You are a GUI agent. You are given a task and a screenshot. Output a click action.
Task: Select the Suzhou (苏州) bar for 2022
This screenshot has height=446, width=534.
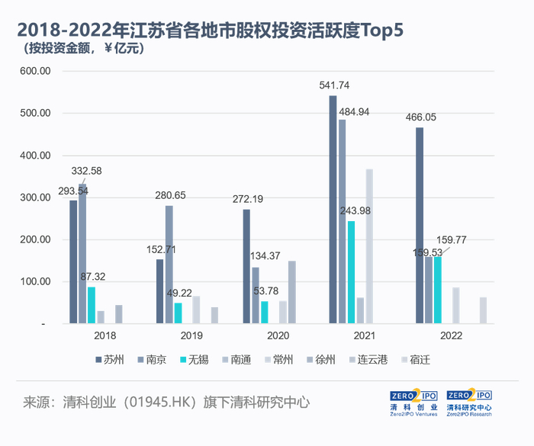[420, 225]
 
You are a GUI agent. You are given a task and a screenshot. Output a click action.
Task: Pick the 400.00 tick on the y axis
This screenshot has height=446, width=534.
[34, 156]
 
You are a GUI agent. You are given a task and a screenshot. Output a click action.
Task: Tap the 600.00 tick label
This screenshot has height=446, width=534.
[34, 71]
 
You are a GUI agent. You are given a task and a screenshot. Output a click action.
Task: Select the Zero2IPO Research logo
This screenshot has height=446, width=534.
[468, 402]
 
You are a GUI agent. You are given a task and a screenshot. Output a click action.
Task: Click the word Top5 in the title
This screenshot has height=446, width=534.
[371, 30]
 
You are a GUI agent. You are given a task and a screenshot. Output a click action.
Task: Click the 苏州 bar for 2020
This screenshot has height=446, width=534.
[246, 266]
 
